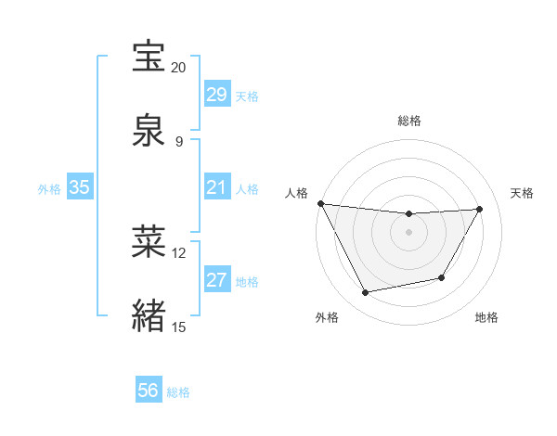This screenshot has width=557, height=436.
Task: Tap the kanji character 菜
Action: [x=149, y=241]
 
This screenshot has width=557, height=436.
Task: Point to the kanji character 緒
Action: [x=149, y=315]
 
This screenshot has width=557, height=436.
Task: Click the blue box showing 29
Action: [x=216, y=95]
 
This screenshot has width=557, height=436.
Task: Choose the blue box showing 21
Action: [x=216, y=188]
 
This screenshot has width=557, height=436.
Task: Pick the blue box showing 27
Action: [x=216, y=281]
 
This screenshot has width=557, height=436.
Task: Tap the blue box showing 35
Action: [x=79, y=188]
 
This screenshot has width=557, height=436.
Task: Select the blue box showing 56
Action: [x=148, y=391]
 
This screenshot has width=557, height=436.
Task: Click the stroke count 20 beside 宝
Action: [x=178, y=67]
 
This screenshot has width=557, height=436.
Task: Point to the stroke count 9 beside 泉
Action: [x=178, y=141]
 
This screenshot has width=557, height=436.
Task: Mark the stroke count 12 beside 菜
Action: [x=178, y=252]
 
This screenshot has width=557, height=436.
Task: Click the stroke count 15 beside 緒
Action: [x=178, y=327]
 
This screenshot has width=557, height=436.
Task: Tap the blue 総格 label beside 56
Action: [x=178, y=392]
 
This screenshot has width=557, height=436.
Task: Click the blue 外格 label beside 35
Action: [x=49, y=189]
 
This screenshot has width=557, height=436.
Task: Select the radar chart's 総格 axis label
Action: [x=409, y=121]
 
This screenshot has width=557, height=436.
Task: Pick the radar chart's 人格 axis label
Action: [x=296, y=193]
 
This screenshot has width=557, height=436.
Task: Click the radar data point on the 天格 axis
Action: [x=480, y=209]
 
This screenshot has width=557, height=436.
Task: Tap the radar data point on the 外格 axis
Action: [x=366, y=293]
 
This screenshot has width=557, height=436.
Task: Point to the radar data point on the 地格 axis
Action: [x=442, y=277]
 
